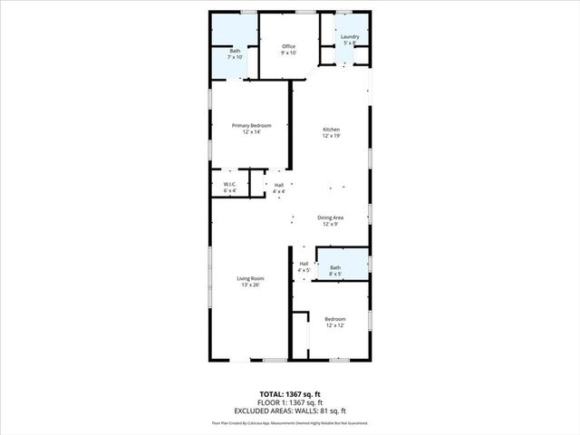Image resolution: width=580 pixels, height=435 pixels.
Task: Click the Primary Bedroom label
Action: tap(251, 125)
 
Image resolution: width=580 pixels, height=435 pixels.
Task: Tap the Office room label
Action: tap(289, 46)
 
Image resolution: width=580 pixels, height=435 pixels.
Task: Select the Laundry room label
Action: tap(350, 37)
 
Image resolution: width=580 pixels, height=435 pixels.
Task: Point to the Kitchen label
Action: tap(332, 130)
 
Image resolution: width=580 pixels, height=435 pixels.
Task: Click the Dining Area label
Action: tap(330, 217)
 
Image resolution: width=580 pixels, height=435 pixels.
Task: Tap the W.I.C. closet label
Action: tap(229, 185)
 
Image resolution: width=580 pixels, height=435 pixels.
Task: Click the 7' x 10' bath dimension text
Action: tap(235, 57)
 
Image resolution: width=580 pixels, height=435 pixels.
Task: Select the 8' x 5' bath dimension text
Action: tap(335, 274)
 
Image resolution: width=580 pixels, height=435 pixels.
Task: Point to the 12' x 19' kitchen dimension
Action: tap(332, 136)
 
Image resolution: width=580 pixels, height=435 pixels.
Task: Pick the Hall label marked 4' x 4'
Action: tap(279, 191)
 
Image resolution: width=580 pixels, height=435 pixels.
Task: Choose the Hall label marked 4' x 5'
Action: tap(304, 270)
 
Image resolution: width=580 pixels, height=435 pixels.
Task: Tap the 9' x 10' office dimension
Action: tap(289, 53)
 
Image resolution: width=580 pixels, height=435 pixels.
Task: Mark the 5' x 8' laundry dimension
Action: tap(350, 43)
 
